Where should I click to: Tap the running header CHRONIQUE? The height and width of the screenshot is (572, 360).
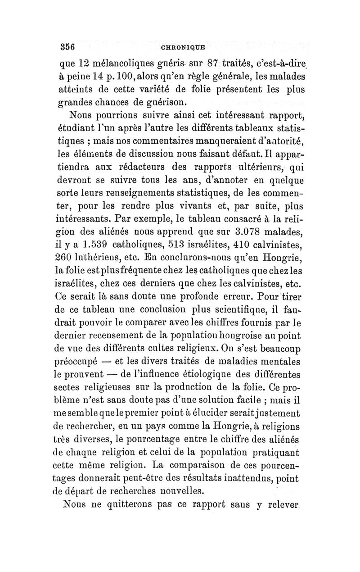180,47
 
